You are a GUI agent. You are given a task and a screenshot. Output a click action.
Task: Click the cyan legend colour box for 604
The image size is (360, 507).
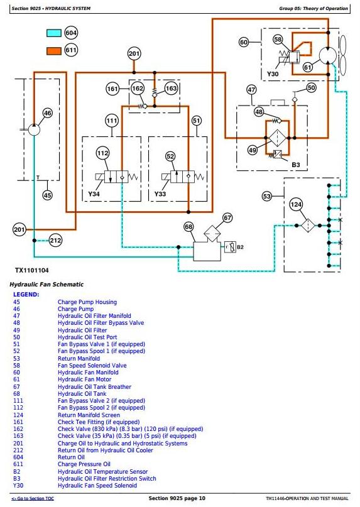[53, 33]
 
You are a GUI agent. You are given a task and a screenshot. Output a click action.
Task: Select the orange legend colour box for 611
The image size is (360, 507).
[53, 51]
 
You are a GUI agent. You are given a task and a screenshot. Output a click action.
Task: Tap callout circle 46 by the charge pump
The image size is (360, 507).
[48, 113]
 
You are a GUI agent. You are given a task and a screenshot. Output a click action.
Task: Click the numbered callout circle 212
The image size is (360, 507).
[55, 240]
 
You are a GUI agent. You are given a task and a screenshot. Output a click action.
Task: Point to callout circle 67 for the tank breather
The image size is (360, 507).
[227, 218]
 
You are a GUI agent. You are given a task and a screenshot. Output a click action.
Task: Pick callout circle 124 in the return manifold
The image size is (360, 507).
[296, 204]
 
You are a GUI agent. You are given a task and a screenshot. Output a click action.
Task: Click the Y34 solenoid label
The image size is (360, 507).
[94, 194]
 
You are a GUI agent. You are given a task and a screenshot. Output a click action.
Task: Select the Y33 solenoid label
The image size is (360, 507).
[160, 194]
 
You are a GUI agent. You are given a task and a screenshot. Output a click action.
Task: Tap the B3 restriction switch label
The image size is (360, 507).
[296, 165]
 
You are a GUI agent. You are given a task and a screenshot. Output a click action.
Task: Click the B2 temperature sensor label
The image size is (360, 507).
[240, 247]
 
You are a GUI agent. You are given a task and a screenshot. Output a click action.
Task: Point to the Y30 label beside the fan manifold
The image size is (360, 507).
[272, 74]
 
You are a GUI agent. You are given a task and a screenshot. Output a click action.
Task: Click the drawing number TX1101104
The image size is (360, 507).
[31, 270]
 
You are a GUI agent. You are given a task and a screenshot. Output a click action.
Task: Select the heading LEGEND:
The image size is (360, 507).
[26, 295]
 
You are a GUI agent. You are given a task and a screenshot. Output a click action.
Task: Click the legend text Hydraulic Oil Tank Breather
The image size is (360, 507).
[94, 387]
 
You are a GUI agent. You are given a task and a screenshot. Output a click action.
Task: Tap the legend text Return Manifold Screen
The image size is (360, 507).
[89, 415]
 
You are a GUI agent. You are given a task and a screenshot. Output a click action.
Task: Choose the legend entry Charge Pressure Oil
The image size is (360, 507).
[84, 464]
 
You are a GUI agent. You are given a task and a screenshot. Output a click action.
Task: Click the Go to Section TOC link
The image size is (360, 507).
[33, 499]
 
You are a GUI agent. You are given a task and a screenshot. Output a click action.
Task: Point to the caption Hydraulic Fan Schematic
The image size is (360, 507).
[46, 285]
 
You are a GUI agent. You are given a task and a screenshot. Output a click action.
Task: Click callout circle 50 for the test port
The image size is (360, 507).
[311, 87]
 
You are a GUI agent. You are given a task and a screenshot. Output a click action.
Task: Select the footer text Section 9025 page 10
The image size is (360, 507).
[177, 498]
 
